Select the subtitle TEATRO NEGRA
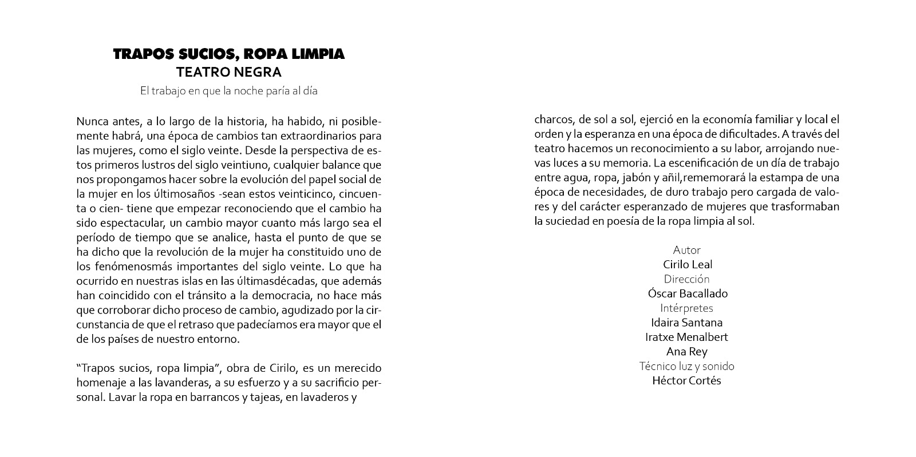[x=229, y=73]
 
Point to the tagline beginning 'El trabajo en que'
[x=229, y=90]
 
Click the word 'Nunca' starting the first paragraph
[x=90, y=122]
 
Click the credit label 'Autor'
[x=686, y=250]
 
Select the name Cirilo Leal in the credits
[x=687, y=264]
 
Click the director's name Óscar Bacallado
[x=687, y=293]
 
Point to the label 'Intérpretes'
[x=686, y=308]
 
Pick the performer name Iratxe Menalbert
[x=686, y=337]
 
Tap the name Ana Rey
[x=686, y=352]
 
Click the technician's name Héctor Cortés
[x=686, y=381]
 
